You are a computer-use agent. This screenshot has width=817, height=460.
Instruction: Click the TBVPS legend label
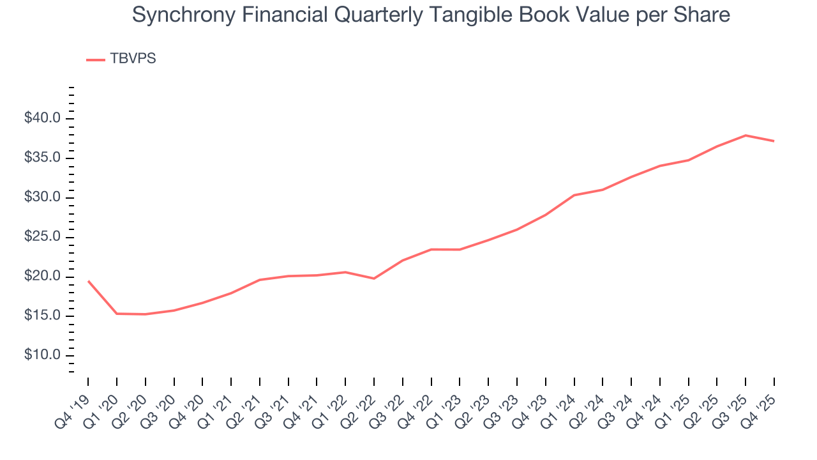[133, 59]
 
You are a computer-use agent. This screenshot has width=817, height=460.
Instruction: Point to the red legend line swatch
[96, 59]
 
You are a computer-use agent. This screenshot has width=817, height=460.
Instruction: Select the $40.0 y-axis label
[43, 118]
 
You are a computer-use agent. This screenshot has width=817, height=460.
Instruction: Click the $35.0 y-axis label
[43, 158]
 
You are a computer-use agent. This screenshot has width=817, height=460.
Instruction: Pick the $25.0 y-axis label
[43, 237]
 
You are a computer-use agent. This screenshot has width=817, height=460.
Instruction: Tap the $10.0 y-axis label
[43, 355]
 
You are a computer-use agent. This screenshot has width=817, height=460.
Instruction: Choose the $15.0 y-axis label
[43, 316]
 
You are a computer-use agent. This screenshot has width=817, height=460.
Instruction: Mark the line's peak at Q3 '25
[746, 135]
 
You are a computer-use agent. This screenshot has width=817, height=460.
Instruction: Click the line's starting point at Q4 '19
[88, 280]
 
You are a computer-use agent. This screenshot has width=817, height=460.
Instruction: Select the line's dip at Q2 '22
[374, 279]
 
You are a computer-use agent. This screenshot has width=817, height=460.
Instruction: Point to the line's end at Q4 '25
[774, 141]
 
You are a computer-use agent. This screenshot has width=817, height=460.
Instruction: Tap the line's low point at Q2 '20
[146, 314]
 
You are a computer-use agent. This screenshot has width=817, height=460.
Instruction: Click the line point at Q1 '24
[574, 195]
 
